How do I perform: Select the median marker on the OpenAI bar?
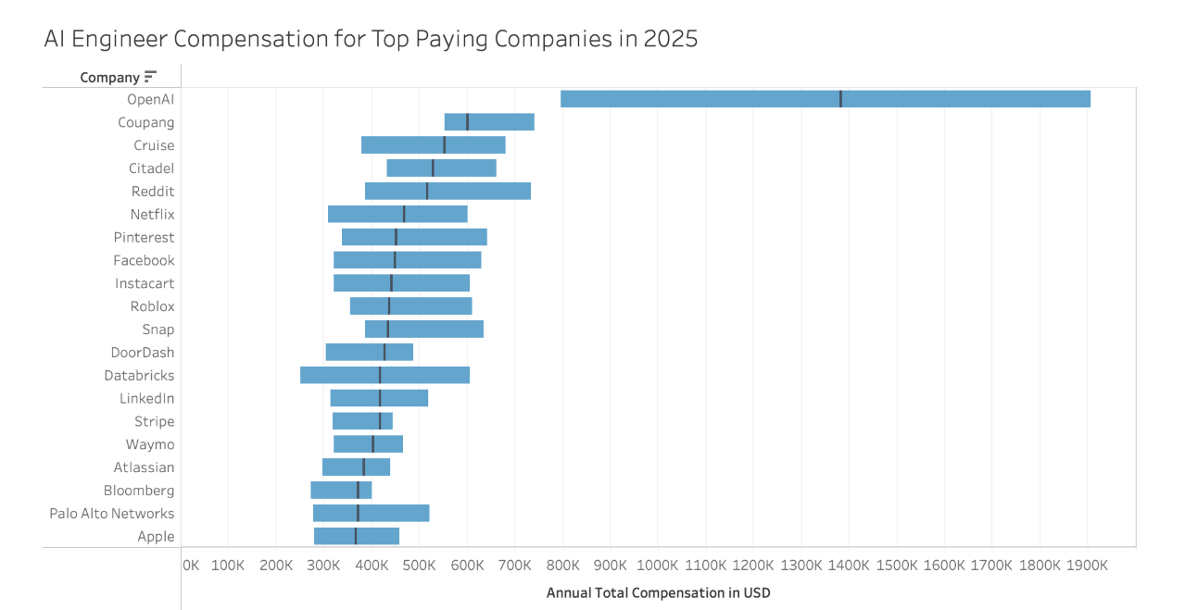(840, 99)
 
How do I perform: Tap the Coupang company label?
(146, 122)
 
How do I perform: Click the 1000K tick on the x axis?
(658, 565)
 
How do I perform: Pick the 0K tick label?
(190, 565)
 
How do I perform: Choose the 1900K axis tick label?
(1087, 565)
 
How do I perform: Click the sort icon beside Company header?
(151, 77)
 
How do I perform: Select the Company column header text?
(109, 78)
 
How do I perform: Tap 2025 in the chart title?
(668, 39)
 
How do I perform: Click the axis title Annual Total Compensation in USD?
(658, 592)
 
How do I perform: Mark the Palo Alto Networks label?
(112, 514)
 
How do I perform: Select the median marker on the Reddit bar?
(427, 191)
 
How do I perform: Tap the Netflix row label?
(152, 214)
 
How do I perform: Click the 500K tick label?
(419, 565)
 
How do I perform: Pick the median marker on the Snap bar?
(388, 329)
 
